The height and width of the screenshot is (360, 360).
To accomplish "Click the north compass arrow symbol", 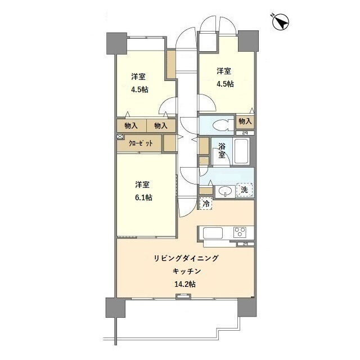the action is click(280, 22).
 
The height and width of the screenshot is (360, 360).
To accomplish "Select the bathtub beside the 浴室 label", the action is click(241, 151).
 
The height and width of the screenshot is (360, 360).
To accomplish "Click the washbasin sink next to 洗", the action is click(225, 191).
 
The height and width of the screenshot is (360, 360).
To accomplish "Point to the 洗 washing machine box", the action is click(245, 190).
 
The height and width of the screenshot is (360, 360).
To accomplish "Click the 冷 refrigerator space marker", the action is click(206, 204).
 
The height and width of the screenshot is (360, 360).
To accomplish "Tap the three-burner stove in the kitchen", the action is click(240, 232).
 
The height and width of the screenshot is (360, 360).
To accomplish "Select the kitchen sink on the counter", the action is click(213, 233).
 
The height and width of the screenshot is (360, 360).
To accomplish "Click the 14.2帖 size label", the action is click(185, 285).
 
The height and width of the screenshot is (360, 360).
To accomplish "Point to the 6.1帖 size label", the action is click(143, 197).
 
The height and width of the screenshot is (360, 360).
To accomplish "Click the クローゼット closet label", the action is click(141, 143).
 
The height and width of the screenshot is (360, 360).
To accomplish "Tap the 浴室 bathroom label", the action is click(222, 151).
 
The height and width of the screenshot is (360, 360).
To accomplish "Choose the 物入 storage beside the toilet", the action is click(245, 121).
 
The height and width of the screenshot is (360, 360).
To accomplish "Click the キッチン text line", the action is click(187, 271).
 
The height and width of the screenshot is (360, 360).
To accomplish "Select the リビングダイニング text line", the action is click(186, 258).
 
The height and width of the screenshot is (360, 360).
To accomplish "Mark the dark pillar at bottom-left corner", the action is click(115, 308).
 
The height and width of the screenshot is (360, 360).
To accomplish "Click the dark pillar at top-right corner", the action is click(249, 41).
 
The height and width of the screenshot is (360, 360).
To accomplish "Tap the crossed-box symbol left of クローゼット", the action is click(120, 137).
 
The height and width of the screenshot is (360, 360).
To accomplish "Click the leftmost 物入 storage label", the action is click(131, 125).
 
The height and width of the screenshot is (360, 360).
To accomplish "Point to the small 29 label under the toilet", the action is click(245, 133).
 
